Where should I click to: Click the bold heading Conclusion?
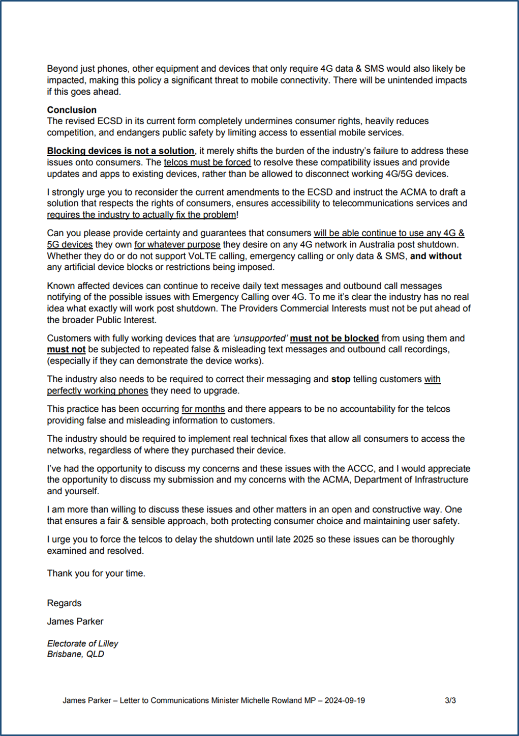(x=72, y=110)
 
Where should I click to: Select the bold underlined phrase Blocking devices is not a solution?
(x=120, y=151)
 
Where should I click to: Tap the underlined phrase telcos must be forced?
(x=207, y=162)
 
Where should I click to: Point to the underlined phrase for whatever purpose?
(x=177, y=244)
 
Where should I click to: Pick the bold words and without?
(x=436, y=256)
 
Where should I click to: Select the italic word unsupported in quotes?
(x=260, y=338)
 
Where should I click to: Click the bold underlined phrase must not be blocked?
(x=334, y=338)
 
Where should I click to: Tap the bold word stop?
(x=341, y=379)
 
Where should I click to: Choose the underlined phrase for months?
(x=203, y=409)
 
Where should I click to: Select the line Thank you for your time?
(x=96, y=573)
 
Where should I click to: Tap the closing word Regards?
(x=64, y=603)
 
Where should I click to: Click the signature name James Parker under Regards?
(x=75, y=621)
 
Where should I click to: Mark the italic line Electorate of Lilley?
(x=82, y=643)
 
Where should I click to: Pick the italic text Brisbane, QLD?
(x=75, y=654)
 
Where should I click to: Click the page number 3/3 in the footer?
(x=450, y=700)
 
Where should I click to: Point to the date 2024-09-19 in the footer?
(x=345, y=700)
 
